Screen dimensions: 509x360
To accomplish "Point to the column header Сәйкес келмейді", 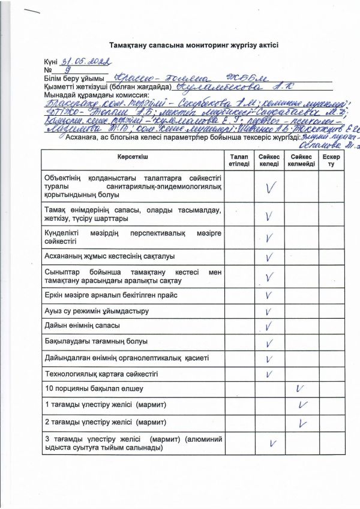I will (301, 160).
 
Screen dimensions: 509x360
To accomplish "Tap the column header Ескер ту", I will (331, 160).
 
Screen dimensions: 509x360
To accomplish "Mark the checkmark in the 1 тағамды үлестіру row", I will (302, 405).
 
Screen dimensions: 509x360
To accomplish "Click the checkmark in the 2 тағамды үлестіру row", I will (302, 423).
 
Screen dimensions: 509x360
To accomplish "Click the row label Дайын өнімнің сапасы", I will (82, 326).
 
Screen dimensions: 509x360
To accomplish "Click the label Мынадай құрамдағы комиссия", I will (95, 95).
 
